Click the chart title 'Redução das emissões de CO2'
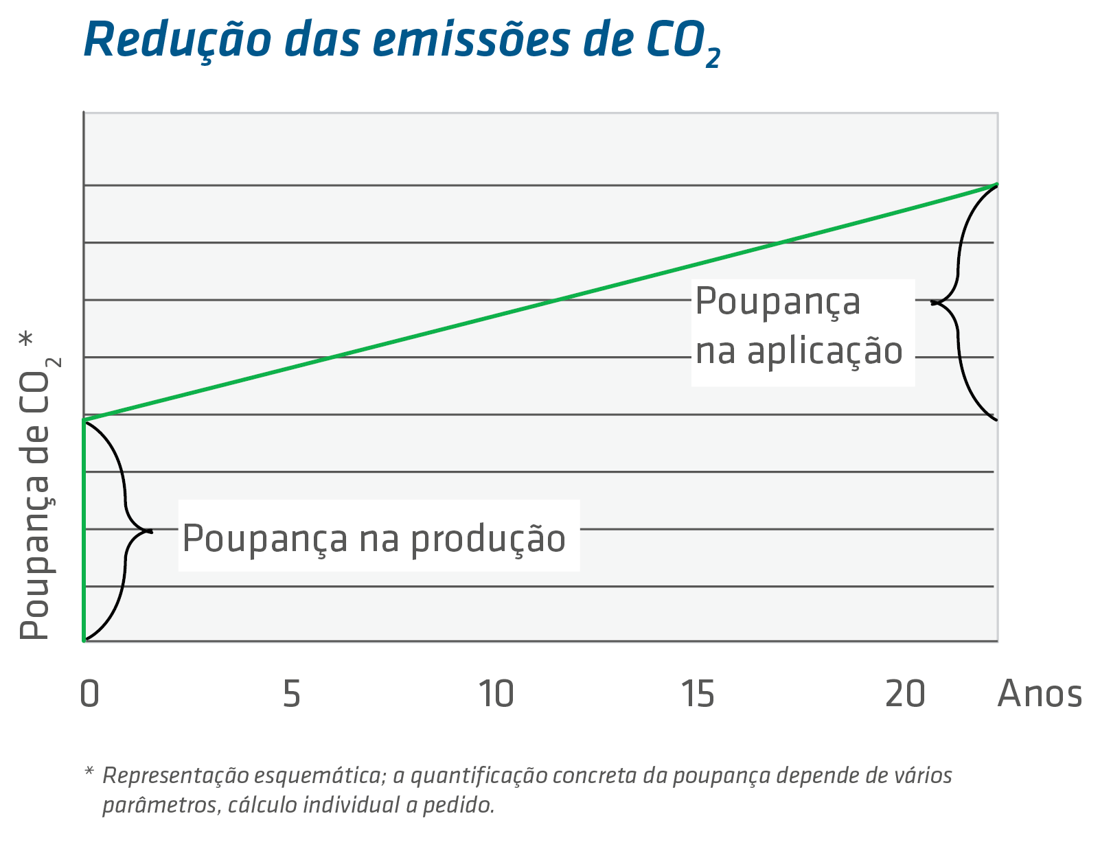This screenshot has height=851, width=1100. pyautogui.click(x=402, y=41)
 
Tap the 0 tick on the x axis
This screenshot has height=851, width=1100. pyautogui.click(x=90, y=694)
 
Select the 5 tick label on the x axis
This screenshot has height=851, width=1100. pyautogui.click(x=292, y=694)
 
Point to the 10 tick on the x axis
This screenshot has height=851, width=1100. pyautogui.click(x=496, y=694)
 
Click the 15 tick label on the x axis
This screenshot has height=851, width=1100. pyautogui.click(x=699, y=694)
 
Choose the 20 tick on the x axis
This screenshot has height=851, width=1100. pyautogui.click(x=904, y=694)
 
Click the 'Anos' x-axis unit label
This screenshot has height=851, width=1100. pyautogui.click(x=1040, y=694)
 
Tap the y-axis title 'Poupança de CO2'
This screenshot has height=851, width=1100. pyautogui.click(x=38, y=487)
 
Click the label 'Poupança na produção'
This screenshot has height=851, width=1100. pyautogui.click(x=374, y=537)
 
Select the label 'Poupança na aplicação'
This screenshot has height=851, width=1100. pyautogui.click(x=799, y=327)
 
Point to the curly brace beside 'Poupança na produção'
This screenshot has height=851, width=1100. pyautogui.click(x=127, y=530)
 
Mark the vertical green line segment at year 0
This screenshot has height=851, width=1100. pyautogui.click(x=84, y=528)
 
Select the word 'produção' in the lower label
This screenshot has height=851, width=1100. pyautogui.click(x=488, y=539)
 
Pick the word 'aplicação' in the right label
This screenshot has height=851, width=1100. pyautogui.click(x=825, y=351)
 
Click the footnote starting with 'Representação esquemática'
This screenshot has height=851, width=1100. pyautogui.click(x=525, y=789)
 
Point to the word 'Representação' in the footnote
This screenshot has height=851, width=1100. pyautogui.click(x=174, y=776)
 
